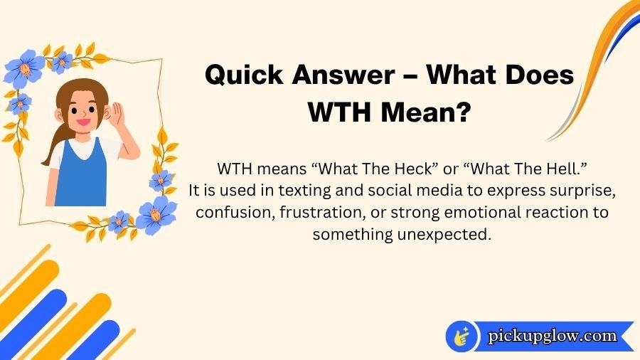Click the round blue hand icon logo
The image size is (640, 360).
(462, 337)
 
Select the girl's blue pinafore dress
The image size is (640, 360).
(80, 174)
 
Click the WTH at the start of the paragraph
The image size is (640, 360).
(235, 171)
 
